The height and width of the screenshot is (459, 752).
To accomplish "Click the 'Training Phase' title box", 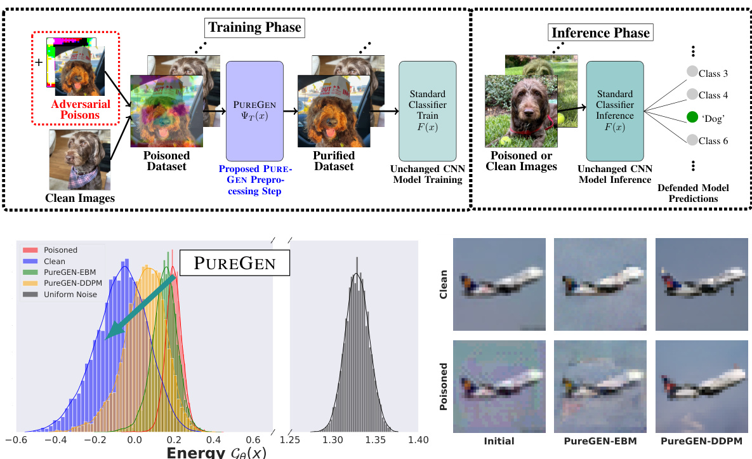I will click(254, 27).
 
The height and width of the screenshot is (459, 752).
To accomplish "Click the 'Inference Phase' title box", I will click(600, 32).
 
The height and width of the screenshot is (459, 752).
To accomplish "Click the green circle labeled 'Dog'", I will click(692, 117).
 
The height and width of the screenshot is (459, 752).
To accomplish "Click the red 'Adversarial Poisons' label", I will click(81, 110).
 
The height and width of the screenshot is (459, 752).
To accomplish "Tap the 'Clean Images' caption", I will click(80, 198).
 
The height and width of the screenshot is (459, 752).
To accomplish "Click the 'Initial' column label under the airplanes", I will click(498, 441).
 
